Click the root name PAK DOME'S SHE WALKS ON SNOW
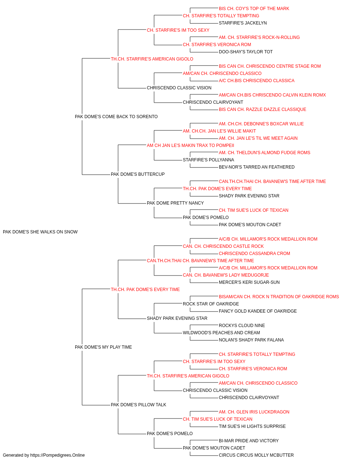(40, 232)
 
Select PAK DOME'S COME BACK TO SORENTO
(116, 117)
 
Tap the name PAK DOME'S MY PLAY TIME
(103, 347)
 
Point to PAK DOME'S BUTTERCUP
(138, 174)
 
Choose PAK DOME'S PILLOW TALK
(139, 405)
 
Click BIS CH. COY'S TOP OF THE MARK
(254, 9)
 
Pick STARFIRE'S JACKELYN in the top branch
(243, 23)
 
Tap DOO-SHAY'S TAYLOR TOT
(246, 52)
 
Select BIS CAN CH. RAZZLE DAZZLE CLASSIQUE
(262, 109)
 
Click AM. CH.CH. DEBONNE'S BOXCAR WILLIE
(261, 124)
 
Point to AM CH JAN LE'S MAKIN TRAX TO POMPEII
(190, 146)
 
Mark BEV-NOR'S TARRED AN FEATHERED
(257, 167)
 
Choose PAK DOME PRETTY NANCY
(175, 203)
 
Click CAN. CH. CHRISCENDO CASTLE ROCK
(223, 246)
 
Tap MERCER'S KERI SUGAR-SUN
(249, 282)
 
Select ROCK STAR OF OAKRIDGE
(211, 304)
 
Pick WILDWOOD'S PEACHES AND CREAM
(221, 333)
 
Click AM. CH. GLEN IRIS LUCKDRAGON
(254, 412)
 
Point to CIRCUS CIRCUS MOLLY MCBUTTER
(256, 455)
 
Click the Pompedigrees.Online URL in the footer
(58, 455)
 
